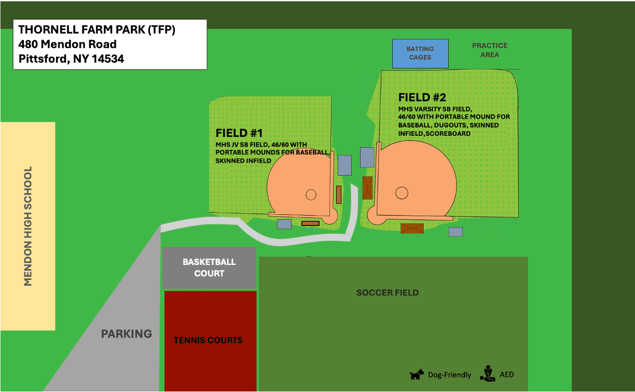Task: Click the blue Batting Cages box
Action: [420, 53]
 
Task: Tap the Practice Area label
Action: [490, 50]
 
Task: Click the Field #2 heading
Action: [422, 97]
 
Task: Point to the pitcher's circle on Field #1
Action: [311, 194]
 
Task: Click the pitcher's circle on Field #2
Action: [402, 193]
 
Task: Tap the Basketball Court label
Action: [209, 268]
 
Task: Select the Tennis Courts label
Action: [208, 340]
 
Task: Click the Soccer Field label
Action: [388, 292]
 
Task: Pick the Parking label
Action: [127, 334]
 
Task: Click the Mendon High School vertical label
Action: [29, 226]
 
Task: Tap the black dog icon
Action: [417, 374]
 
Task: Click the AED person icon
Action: [487, 373]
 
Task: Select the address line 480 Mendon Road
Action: [67, 44]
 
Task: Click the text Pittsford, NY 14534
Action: [72, 59]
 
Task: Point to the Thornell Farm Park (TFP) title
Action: [97, 30]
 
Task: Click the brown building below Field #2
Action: [412, 228]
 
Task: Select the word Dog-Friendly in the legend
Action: [450, 375]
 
